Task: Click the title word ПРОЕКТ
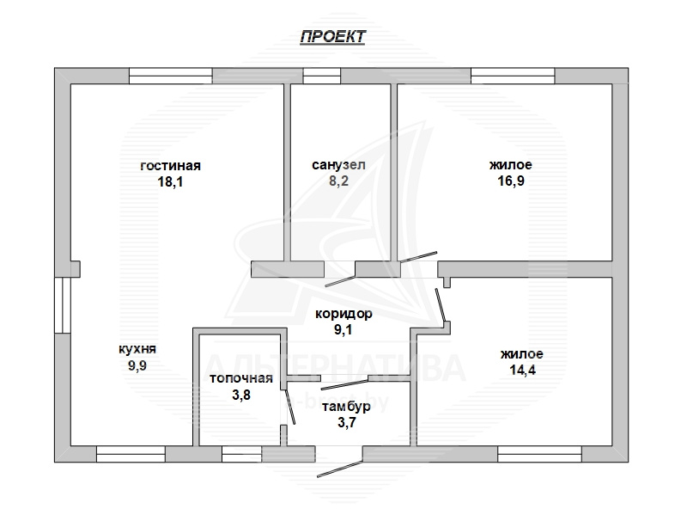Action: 332,36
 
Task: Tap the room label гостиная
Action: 170,166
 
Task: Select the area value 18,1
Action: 170,181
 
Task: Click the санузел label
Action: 338,165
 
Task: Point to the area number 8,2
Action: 338,181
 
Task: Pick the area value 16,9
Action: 511,181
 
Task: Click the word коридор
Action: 344,314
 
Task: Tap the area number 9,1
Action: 343,329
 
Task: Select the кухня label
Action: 137,350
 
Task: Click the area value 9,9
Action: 137,365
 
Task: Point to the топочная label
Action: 241,378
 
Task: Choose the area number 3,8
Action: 241,395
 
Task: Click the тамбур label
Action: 346,407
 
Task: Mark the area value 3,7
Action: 347,422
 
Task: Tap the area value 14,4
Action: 522,370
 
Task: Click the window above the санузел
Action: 322,76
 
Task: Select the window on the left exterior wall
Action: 63,305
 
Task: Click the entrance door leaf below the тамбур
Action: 339,469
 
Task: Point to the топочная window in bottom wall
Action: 242,454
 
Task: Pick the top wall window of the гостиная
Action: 171,76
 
